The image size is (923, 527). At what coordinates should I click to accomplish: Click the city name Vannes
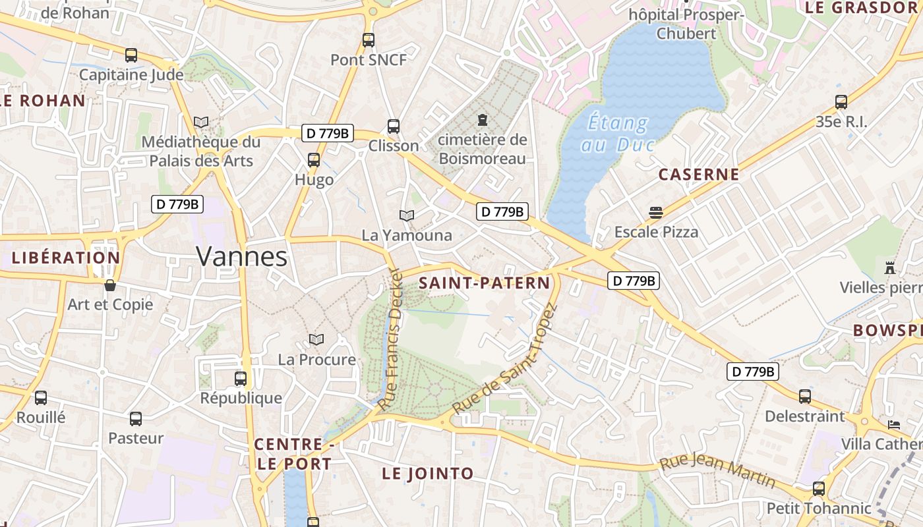pos(242,256)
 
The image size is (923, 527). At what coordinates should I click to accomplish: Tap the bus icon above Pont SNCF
pos(369,40)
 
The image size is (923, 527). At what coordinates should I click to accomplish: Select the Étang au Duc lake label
pos(616,134)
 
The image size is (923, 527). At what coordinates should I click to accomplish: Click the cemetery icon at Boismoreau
pos(483,120)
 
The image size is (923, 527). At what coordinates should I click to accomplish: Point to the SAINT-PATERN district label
pos(485,283)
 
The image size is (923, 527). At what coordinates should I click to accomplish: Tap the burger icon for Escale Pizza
pos(655,213)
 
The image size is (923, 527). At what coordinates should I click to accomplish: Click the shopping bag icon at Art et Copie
pos(110,285)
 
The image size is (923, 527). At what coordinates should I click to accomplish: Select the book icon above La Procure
pos(316,339)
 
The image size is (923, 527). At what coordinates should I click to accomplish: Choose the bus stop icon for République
pos(241,379)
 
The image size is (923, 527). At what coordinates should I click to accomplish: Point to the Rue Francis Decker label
pos(391,339)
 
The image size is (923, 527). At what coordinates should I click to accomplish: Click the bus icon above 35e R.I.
pos(841,102)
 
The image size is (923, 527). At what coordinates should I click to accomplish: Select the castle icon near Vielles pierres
pos(890,268)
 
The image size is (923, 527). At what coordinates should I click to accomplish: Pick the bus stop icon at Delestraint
pos(805,397)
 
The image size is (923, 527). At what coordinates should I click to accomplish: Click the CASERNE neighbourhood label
pos(699,175)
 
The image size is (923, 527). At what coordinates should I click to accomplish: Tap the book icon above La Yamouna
pos(407,215)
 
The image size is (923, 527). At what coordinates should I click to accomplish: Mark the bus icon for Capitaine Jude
pos(131,55)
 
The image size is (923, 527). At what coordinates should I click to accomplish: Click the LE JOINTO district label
pos(428,473)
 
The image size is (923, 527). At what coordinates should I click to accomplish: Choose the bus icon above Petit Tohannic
pos(819,489)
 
